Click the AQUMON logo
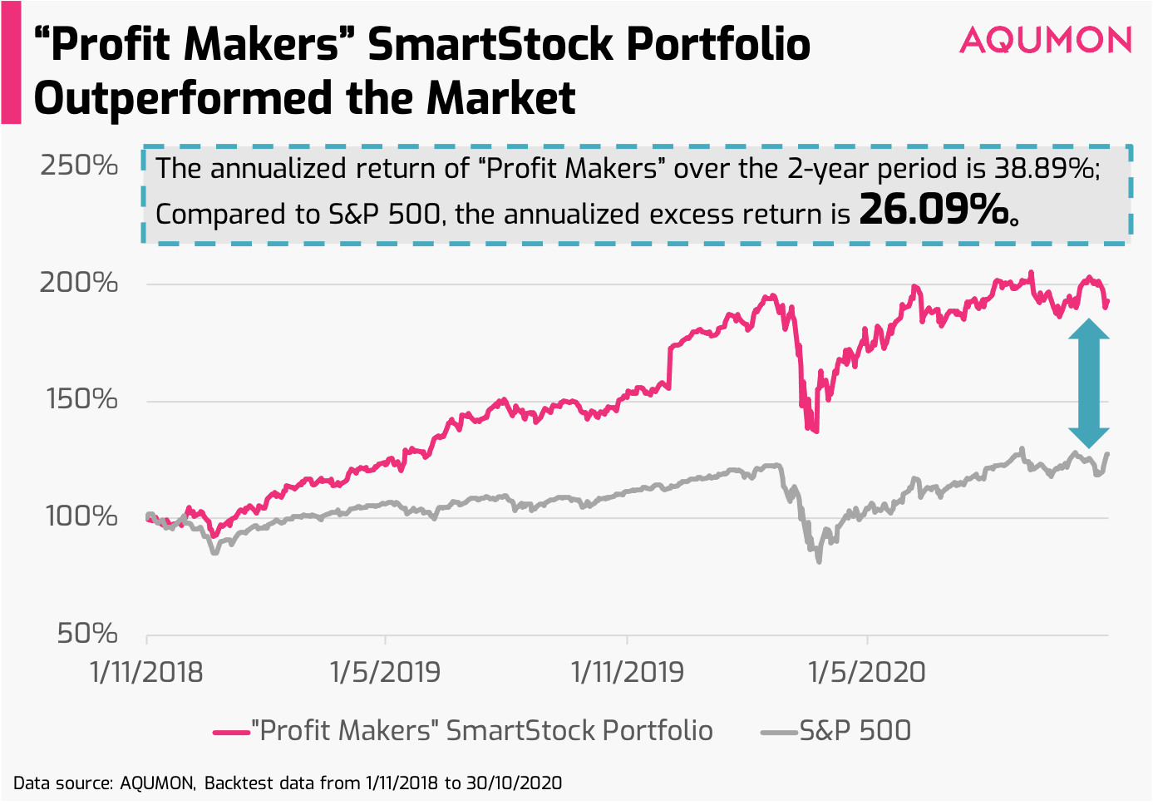tap(1045, 40)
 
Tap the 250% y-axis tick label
tap(79, 165)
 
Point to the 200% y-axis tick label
tap(79, 283)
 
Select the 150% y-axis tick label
tap(79, 399)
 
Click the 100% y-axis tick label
tap(81, 516)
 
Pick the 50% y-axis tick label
tap(86, 634)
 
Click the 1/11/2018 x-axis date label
tap(146, 672)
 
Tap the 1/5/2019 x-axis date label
tap(385, 672)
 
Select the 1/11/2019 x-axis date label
tap(627, 672)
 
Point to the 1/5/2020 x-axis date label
tap(867, 672)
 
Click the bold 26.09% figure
tap(933, 211)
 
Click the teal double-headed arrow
tap(1088, 384)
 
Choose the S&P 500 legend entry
tap(836, 731)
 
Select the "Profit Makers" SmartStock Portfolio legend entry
tap(463, 731)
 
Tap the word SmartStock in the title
tap(490, 44)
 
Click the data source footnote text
tap(288, 783)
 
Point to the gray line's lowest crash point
tap(819, 561)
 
